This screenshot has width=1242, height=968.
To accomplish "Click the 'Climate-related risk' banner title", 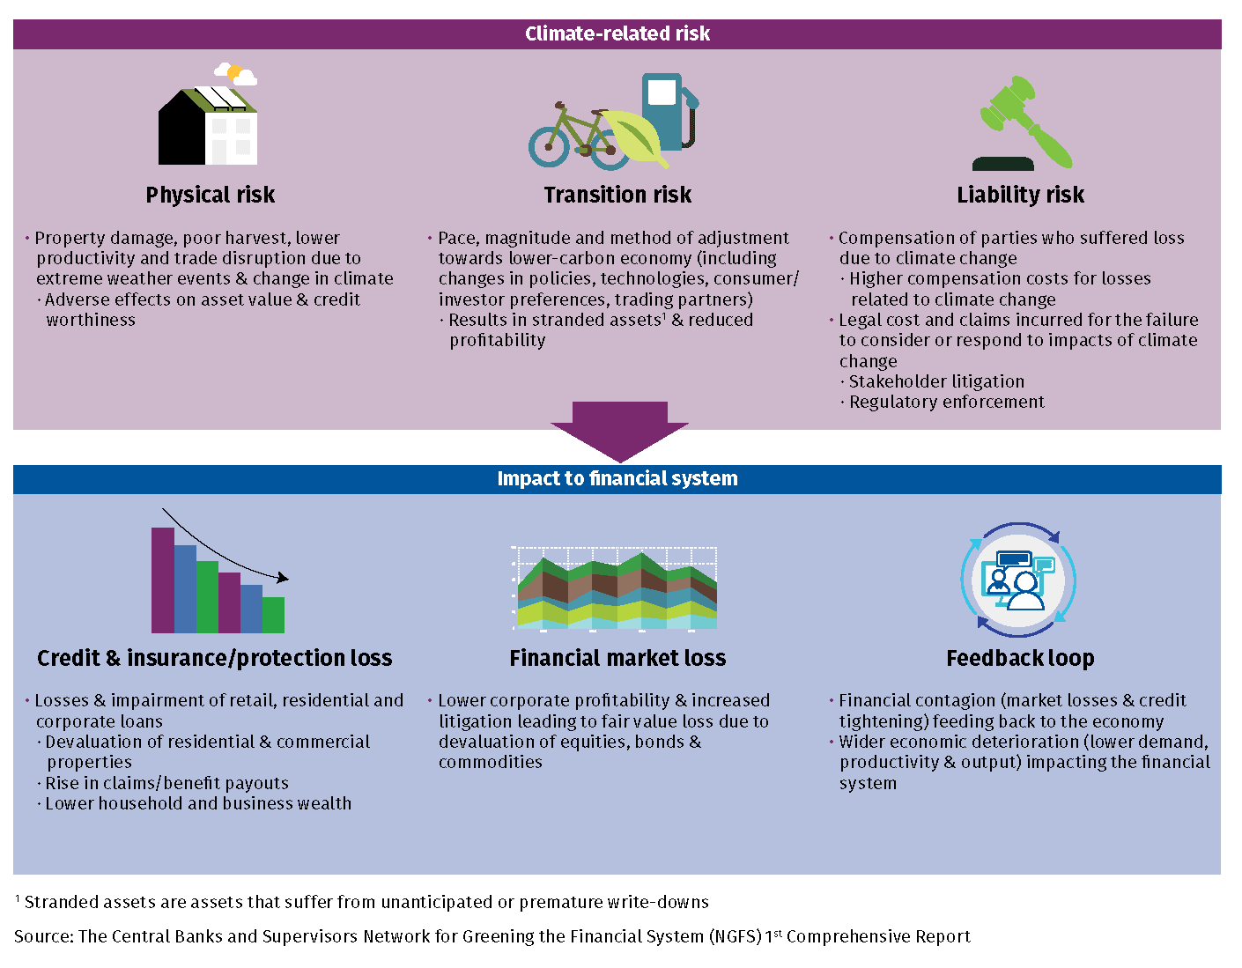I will pos(617,33).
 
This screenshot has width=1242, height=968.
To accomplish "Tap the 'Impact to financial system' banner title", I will pos(617,478).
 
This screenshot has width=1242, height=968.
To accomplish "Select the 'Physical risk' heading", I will pos(210,195).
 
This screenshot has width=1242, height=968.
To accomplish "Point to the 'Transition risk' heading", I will pos(617,195).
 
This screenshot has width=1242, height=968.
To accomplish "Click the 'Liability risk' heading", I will pos(1020,195).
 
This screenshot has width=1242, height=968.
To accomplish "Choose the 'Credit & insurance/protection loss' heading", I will pos(214,658).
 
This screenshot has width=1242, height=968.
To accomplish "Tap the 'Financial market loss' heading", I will pos(617,658).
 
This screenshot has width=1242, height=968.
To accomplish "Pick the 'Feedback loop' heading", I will pos(1020,658).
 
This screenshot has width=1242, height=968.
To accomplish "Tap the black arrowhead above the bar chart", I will pos(282,578).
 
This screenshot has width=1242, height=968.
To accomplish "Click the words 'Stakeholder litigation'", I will pos(936,381).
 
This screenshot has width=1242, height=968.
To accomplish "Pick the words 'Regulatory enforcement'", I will pos(946,402).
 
